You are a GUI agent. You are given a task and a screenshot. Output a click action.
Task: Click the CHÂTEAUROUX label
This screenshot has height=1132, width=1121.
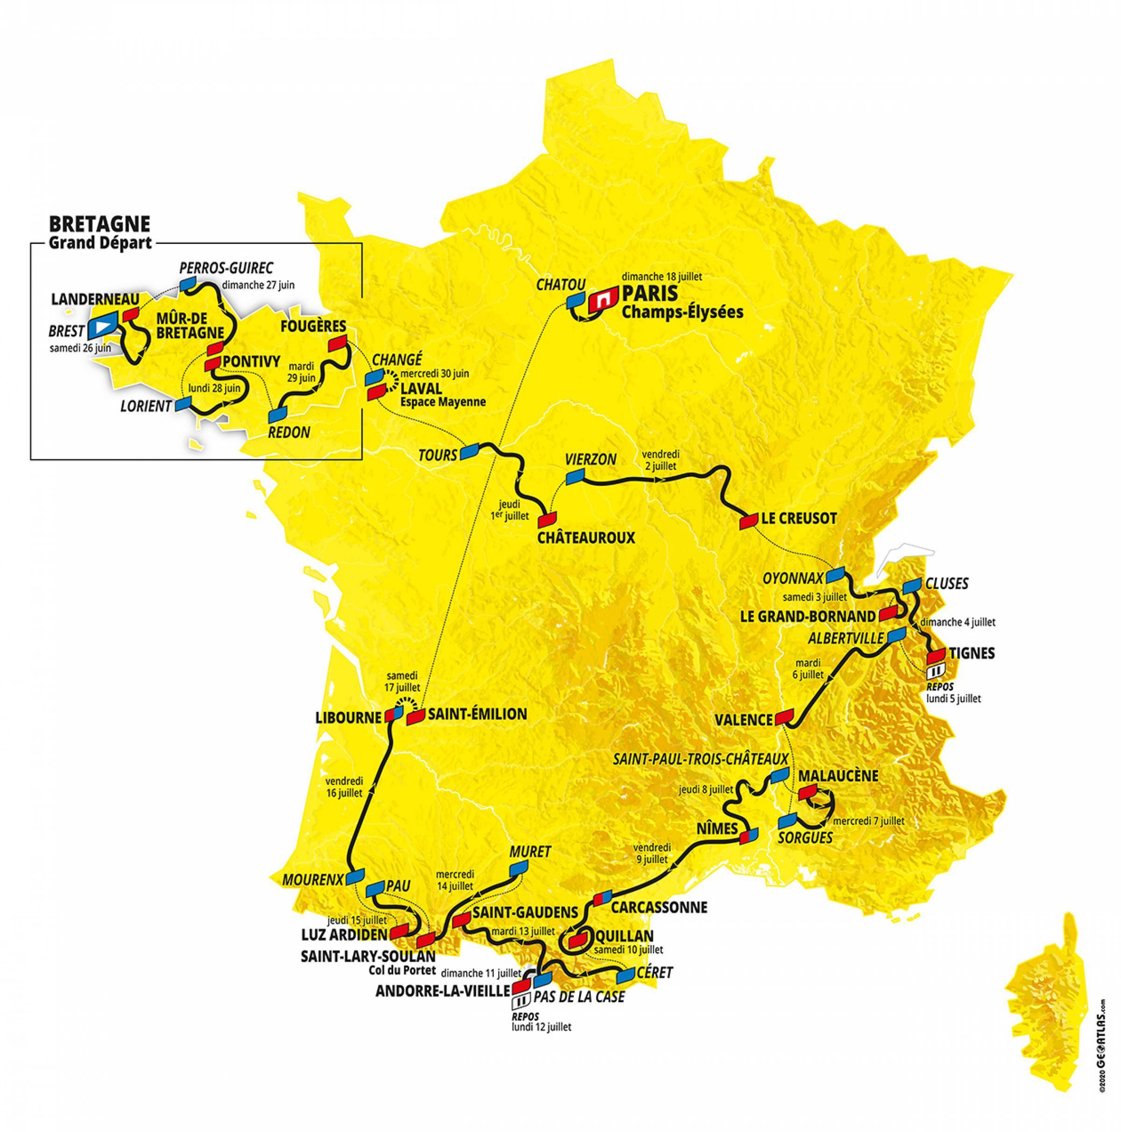click(586, 538)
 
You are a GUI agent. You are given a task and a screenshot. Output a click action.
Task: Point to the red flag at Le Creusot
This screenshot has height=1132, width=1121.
click(749, 521)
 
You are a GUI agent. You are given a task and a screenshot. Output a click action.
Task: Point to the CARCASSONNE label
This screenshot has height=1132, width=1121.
click(659, 908)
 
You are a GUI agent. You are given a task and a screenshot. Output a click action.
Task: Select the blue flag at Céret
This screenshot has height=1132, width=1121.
click(626, 975)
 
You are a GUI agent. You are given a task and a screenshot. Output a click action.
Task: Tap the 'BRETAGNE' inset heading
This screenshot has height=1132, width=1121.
click(99, 224)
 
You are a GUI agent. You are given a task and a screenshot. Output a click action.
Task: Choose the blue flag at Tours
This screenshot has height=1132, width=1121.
click(470, 451)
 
